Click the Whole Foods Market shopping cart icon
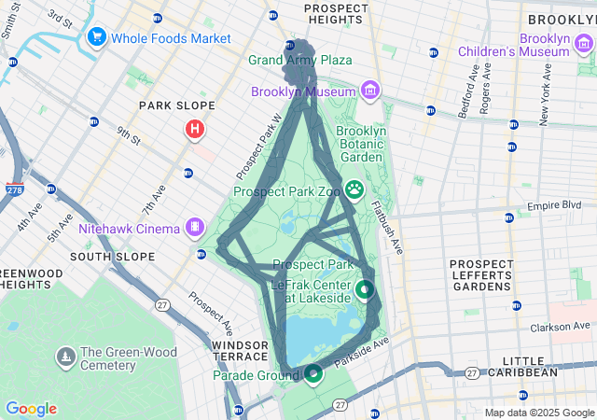pyautogui.click(x=95, y=37)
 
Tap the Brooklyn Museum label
pyautogui.click(x=303, y=91)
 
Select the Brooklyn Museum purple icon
pyautogui.click(x=370, y=91)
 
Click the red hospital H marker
pyautogui.click(x=195, y=129)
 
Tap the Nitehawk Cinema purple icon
pyautogui.click(x=195, y=227)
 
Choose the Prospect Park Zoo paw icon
pyautogui.click(x=354, y=189)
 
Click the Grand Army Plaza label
pyautogui.click(x=299, y=60)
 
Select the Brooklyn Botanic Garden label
pyautogui.click(x=360, y=145)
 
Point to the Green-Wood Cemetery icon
pyautogui.click(x=65, y=356)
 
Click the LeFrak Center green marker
pyautogui.click(x=364, y=290)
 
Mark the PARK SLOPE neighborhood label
pyautogui.click(x=177, y=105)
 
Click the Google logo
pyautogui.click(x=31, y=409)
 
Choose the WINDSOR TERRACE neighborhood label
pyautogui.click(x=240, y=352)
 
